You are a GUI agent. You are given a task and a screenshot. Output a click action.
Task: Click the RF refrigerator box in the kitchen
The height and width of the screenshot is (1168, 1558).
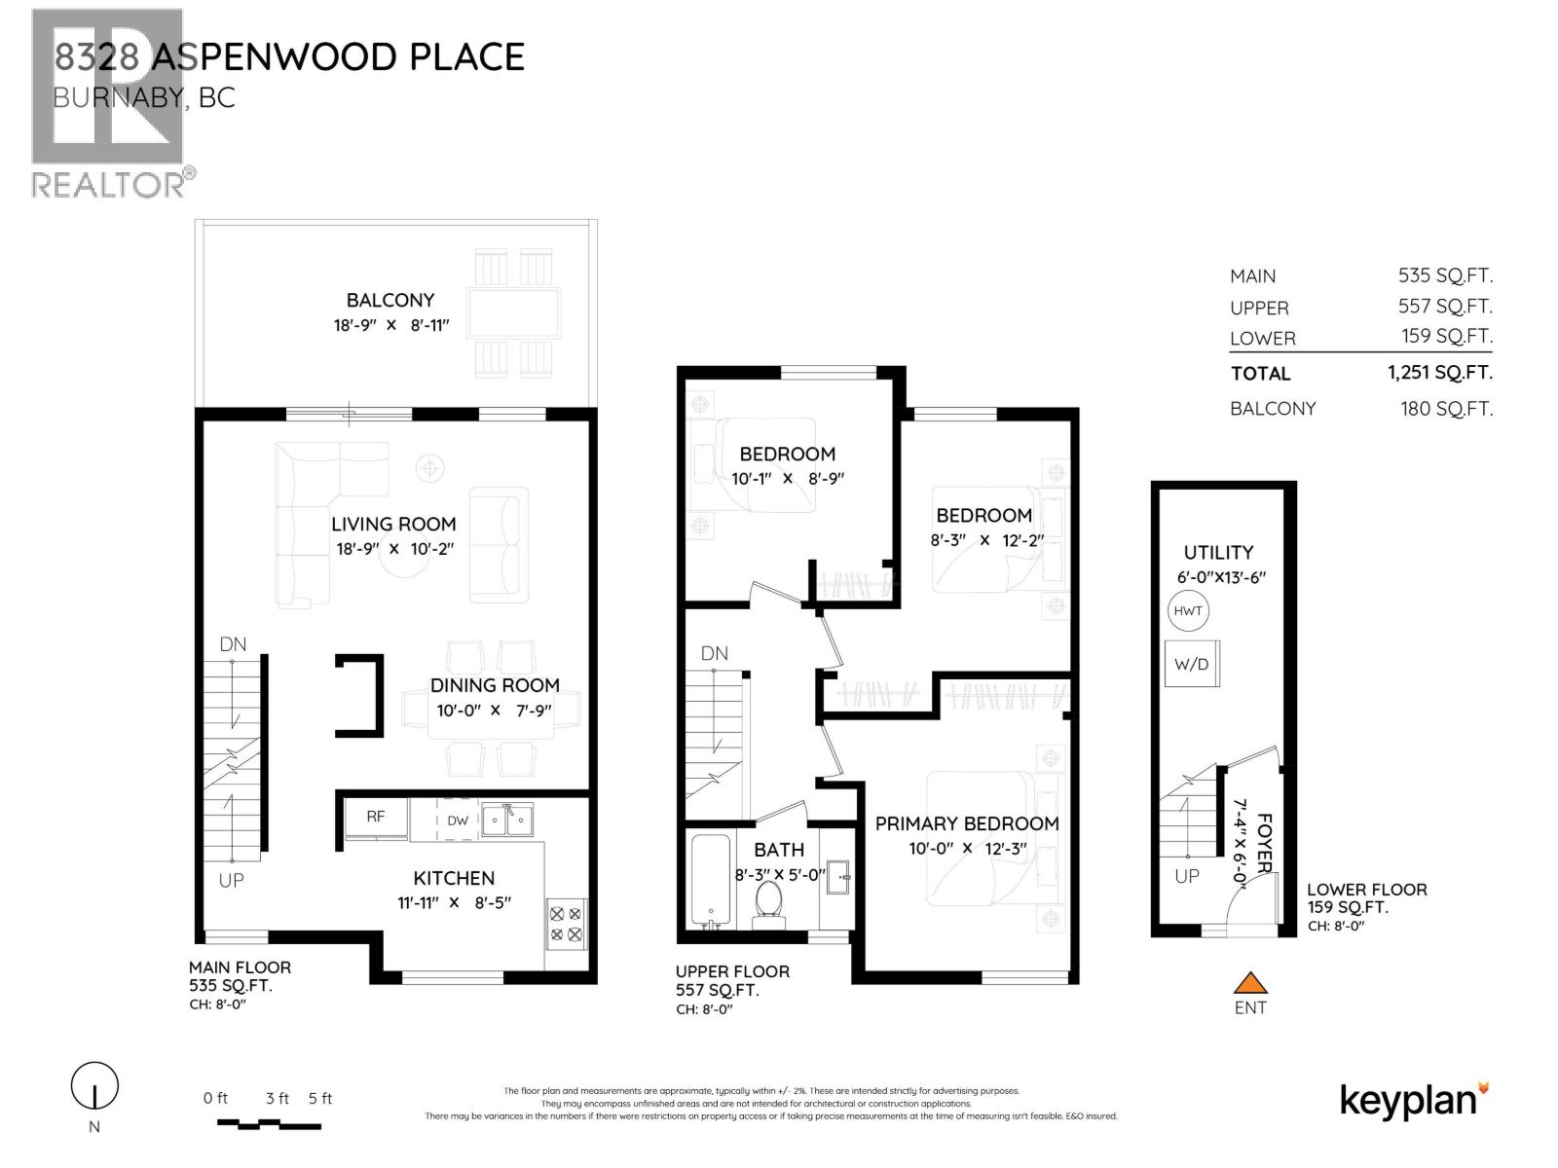click(x=376, y=818)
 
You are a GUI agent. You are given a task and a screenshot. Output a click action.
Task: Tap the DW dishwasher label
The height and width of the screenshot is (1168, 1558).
click(x=458, y=821)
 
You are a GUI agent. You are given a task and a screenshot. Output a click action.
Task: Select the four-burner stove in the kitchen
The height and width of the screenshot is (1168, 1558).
click(x=566, y=925)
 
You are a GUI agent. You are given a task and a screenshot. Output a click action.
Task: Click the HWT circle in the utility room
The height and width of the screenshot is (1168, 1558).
click(x=1188, y=611)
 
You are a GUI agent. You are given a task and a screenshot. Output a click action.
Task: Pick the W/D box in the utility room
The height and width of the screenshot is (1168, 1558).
click(x=1192, y=665)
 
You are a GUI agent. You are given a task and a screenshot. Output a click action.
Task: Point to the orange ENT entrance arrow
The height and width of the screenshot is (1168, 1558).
click(x=1250, y=983)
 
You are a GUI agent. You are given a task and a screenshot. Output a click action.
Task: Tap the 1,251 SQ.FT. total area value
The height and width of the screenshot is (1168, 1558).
click(x=1440, y=373)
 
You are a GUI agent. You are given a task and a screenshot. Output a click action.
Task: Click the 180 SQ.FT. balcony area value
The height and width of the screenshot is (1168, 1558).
click(x=1446, y=409)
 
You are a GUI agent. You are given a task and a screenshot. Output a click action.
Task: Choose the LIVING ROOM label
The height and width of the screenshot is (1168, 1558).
click(x=393, y=524)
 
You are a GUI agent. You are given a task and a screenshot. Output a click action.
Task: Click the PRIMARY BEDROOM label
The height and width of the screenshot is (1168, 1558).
click(x=967, y=823)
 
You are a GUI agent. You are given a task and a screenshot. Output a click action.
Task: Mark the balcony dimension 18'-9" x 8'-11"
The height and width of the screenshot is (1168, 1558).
click(x=390, y=325)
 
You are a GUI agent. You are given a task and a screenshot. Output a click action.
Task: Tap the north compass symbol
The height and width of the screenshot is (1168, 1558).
click(x=94, y=1084)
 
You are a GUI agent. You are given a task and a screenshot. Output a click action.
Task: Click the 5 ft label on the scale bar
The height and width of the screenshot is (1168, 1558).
click(x=320, y=1099)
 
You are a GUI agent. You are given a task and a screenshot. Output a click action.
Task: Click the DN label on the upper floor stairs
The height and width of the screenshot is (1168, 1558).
click(x=715, y=653)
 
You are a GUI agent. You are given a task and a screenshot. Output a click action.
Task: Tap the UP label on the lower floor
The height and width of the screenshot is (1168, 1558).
click(x=1187, y=876)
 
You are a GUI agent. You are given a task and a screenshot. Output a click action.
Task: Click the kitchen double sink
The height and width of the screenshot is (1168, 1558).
click(x=507, y=820)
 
